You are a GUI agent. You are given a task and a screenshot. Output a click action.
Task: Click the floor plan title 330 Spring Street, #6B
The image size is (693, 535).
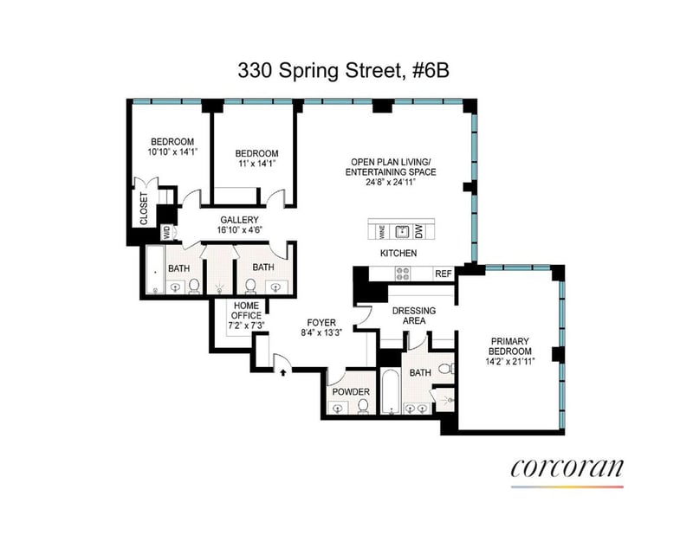point(343,71)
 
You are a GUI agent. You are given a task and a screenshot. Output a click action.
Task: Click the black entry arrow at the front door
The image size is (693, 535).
point(283,372)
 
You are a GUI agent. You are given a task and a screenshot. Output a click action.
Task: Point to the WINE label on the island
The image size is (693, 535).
point(383,231)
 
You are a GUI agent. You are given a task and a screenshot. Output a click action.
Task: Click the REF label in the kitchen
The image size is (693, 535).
point(444,274)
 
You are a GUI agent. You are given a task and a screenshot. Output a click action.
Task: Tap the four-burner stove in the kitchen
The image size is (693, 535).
point(402,274)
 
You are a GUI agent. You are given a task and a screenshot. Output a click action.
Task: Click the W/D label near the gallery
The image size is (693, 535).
point(166,232)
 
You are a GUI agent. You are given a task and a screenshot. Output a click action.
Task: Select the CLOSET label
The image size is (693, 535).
point(144,208)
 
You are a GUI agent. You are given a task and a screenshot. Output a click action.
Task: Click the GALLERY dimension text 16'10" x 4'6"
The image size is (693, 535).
point(240,229)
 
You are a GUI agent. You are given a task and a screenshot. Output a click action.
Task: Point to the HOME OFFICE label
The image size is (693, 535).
point(246,311)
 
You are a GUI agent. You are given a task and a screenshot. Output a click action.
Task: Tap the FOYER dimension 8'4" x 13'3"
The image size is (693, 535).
point(321,332)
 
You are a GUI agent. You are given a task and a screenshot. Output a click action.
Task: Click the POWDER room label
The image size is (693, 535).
point(351,392)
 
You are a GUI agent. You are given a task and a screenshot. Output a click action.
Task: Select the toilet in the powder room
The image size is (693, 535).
point(363,406)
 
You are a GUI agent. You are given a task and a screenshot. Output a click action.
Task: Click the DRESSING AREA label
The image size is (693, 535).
point(414,315)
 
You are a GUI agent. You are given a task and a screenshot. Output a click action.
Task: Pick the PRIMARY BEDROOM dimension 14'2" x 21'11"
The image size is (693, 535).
point(511,361)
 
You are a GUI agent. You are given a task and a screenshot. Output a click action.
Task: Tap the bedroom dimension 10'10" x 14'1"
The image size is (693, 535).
point(172,152)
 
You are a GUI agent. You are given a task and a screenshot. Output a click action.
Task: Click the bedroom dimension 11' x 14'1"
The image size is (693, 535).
point(256,164)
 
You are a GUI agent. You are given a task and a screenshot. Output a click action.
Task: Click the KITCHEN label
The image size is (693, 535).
point(398,253)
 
